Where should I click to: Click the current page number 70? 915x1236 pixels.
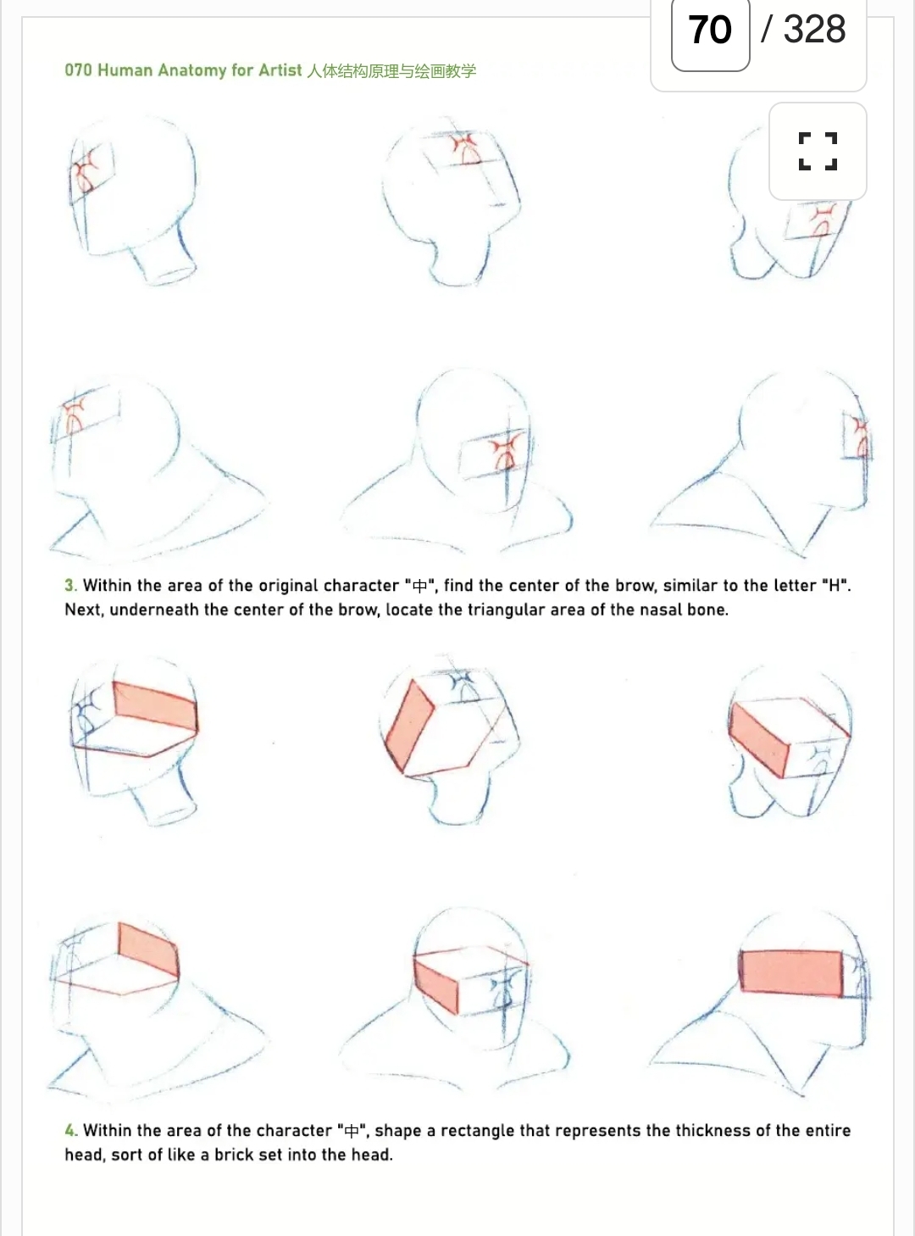pos(709,30)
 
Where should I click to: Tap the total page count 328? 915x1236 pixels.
pos(814,29)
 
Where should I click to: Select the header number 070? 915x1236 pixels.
pos(78,70)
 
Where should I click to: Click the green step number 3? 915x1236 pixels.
pos(69,585)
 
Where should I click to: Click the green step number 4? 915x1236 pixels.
pos(70,1130)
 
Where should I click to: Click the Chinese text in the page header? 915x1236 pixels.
pos(391,70)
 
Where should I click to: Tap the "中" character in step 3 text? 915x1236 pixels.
pos(419,586)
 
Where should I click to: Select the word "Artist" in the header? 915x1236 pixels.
pos(280,70)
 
